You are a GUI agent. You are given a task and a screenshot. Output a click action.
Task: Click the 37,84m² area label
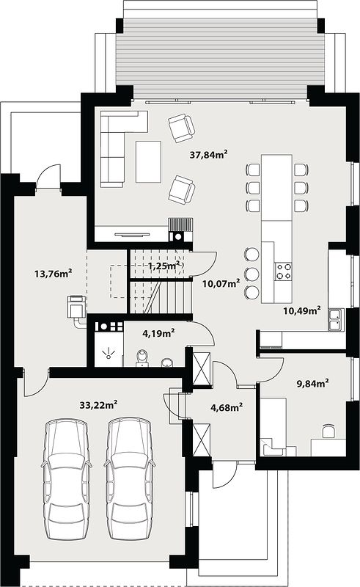tap(208, 154)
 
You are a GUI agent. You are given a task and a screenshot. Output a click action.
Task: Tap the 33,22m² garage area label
tap(98, 404)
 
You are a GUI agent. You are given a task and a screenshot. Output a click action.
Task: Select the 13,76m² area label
tap(53, 273)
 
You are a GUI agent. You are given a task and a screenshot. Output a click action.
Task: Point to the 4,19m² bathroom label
tap(158, 332)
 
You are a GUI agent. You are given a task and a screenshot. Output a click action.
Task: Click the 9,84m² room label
tap(312, 383)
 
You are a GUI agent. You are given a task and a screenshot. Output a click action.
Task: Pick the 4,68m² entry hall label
tap(227, 407)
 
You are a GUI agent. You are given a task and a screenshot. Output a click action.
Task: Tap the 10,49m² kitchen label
tap(301, 310)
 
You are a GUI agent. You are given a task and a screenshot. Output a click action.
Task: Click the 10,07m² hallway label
tap(221, 283)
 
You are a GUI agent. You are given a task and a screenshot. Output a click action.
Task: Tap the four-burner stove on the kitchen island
tap(283, 271)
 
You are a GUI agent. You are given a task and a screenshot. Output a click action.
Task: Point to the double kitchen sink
tap(335, 320)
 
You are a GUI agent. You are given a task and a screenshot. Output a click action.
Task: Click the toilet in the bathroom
tap(142, 358)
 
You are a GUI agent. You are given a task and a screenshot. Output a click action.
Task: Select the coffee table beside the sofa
tap(148, 161)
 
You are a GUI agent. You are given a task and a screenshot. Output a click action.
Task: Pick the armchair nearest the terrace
tap(182, 128)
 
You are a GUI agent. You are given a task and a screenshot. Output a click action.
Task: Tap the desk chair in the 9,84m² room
tap(328, 431)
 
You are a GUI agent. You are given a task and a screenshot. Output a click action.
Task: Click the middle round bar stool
tap(252, 273)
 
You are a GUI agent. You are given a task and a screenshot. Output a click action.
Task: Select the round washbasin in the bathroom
tap(167, 362)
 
